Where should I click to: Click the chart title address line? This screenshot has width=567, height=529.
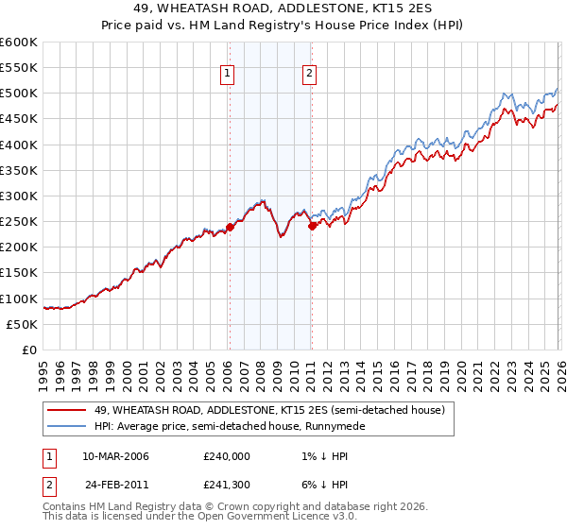[283, 9]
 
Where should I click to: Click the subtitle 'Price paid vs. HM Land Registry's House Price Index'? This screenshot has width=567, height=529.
[283, 26]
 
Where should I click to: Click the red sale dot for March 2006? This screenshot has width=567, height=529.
[230, 227]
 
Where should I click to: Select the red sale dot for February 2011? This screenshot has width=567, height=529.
[312, 226]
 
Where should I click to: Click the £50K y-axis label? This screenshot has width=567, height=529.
[22, 324]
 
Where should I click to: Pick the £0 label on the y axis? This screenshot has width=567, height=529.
[30, 350]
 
